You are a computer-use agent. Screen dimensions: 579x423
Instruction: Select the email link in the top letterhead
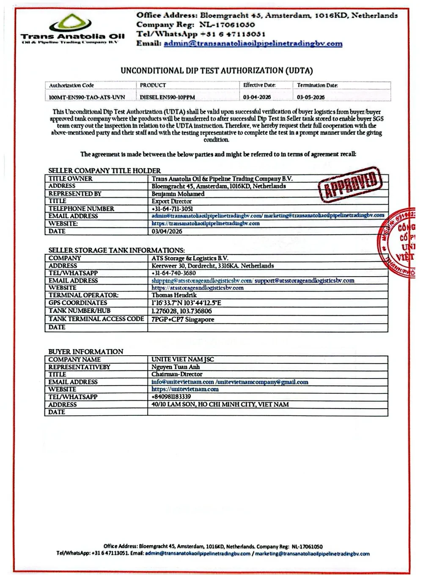pyautogui.click(x=253, y=44)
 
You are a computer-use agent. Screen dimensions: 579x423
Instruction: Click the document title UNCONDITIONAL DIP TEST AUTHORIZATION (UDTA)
pyautogui.click(x=217, y=71)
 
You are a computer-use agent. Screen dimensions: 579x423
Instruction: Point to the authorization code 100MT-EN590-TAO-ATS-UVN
pyautogui.click(x=87, y=97)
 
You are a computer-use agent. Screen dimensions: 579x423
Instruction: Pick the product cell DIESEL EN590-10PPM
pyautogui.click(x=168, y=97)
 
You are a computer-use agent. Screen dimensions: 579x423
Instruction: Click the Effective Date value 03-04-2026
pyautogui.click(x=257, y=97)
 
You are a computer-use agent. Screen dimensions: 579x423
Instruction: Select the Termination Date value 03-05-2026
pyautogui.click(x=311, y=97)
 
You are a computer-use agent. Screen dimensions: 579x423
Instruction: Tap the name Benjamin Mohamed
pyautogui.click(x=178, y=194)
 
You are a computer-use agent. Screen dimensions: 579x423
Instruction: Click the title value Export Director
pyautogui.click(x=172, y=201)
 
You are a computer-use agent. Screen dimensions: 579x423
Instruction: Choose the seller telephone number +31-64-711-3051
pyautogui.click(x=172, y=209)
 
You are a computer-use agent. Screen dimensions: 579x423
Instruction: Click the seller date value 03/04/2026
pyautogui.click(x=167, y=231)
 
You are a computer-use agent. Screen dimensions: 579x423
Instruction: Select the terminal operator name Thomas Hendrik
pyautogui.click(x=174, y=295)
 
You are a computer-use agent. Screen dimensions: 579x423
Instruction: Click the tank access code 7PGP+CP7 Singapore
pyautogui.click(x=183, y=319)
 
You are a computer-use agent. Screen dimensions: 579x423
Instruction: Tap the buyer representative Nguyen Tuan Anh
pyautogui.click(x=176, y=367)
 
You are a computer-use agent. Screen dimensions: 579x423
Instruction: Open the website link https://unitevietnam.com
pyautogui.click(x=185, y=389)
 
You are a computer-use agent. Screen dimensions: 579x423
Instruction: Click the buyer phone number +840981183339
pyautogui.click(x=171, y=397)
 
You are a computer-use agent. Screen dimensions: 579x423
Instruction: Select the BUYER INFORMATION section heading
pyautogui.click(x=86, y=351)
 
